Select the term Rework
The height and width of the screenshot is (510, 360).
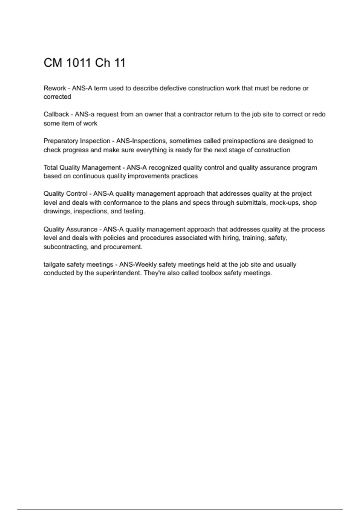(55, 88)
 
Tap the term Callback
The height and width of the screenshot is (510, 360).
(56, 114)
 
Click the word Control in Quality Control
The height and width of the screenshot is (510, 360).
(77, 194)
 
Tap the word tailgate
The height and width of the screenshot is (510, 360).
(54, 265)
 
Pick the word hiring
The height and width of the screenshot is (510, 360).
(230, 238)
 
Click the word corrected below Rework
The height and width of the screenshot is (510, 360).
(57, 97)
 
